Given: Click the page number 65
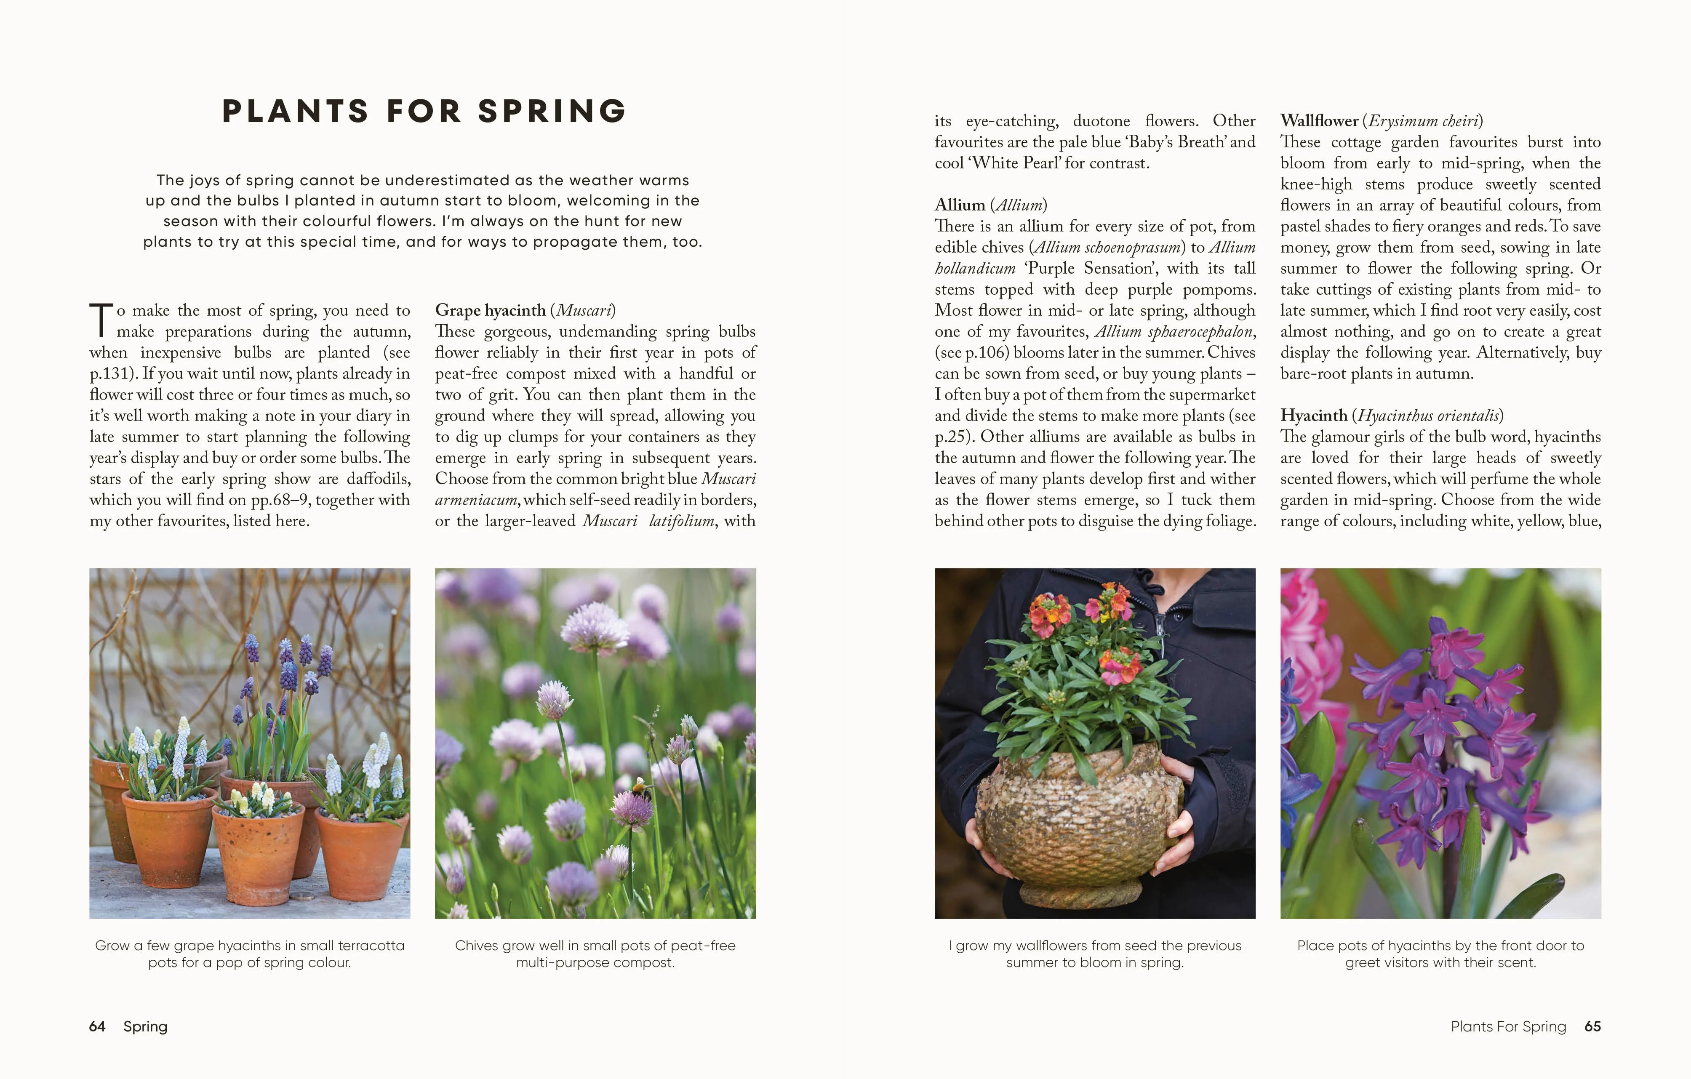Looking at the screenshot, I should pyautogui.click(x=1593, y=1026).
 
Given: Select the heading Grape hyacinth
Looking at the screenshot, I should pyautogui.click(x=490, y=310).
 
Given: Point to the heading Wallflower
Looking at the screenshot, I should pyautogui.click(x=1319, y=121).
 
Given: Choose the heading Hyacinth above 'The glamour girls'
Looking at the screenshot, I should pyautogui.click(x=1313, y=416).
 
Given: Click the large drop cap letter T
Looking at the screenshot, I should pyautogui.click(x=101, y=320).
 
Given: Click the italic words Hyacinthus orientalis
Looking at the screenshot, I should pyautogui.click(x=1429, y=416).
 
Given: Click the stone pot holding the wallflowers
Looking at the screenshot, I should pyautogui.click(x=1078, y=829).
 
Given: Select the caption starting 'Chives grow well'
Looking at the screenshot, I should pyautogui.click(x=595, y=954).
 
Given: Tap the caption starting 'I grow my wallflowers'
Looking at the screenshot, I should pyautogui.click(x=1095, y=954).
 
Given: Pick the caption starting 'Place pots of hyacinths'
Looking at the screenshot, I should pyautogui.click(x=1440, y=954).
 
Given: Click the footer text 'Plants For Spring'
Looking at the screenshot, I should pyautogui.click(x=1508, y=1026).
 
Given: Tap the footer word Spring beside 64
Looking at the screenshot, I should pyautogui.click(x=145, y=1026).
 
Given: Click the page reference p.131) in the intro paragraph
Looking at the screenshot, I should pyautogui.click(x=112, y=373).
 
